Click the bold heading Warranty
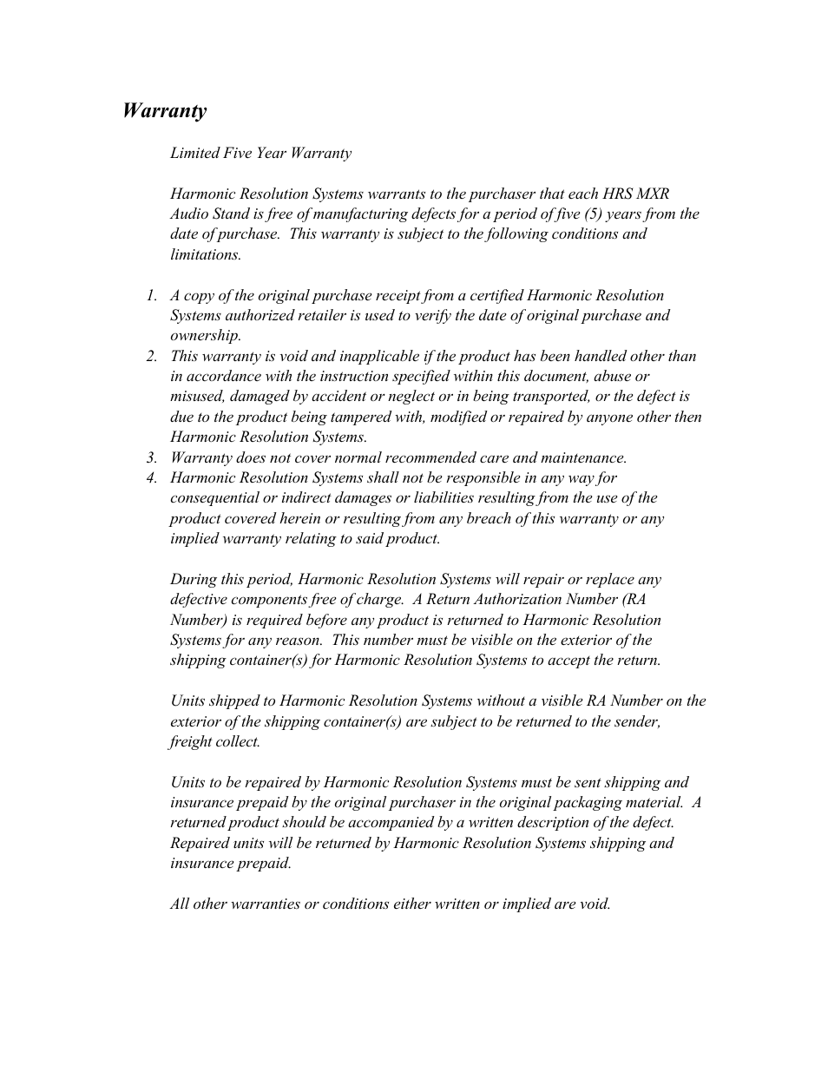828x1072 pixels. (164, 111)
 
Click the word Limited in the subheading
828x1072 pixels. (194, 154)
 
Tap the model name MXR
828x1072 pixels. (653, 194)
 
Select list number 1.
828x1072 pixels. (151, 296)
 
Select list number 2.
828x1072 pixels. (151, 357)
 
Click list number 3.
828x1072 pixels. (151, 458)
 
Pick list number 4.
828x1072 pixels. (151, 478)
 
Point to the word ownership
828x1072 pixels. (205, 336)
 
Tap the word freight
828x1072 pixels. (191, 742)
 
